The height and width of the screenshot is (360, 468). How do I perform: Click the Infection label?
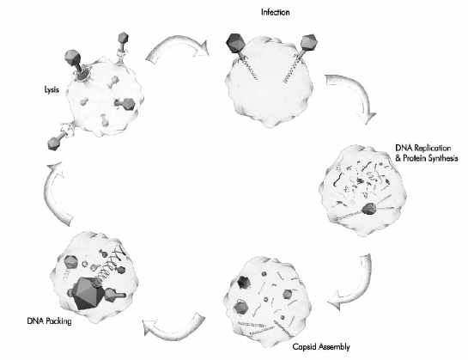tap(275, 12)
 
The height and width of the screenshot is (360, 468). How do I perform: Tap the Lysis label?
tap(52, 89)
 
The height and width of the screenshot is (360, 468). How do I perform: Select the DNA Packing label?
tap(49, 320)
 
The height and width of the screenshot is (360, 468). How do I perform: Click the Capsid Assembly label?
tap(321, 347)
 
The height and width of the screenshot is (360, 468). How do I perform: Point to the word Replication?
tap(432, 148)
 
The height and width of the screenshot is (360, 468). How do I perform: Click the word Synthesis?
tap(443, 158)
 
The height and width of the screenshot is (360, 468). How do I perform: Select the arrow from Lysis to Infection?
tap(179, 48)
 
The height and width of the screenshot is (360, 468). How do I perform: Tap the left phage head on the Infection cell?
tap(236, 43)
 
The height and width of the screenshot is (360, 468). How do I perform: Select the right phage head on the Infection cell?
tap(309, 42)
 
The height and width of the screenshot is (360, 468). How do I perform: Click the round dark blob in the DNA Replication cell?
tap(370, 209)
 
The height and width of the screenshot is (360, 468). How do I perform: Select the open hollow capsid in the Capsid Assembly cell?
tap(244, 283)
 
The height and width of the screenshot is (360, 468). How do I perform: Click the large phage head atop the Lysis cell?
tap(72, 58)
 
